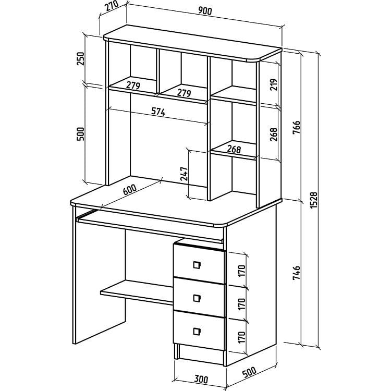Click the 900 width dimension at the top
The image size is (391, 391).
point(205,11)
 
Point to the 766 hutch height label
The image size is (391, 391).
point(297,127)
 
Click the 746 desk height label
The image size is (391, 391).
point(297,273)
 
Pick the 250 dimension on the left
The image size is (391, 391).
point(80,58)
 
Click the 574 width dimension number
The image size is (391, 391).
point(158,111)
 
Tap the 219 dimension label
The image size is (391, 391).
point(274,84)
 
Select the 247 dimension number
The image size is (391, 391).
point(184,174)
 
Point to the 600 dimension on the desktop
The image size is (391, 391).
point(130,190)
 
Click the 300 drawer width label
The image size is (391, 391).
point(201,380)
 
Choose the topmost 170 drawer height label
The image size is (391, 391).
point(242,271)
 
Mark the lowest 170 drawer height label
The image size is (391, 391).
point(242,337)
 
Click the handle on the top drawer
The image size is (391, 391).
point(197,265)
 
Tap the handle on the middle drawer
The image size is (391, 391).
point(197,298)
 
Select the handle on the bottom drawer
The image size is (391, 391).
point(197,331)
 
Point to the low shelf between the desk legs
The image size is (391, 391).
point(137,292)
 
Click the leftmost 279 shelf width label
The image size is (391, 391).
point(133,85)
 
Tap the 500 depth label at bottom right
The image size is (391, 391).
point(249,371)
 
